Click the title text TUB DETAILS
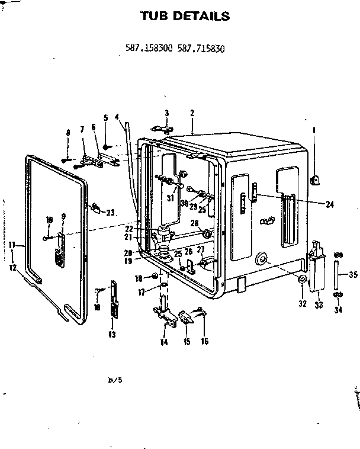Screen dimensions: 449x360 click(x=184, y=16)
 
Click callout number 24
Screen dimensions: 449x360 click(x=329, y=204)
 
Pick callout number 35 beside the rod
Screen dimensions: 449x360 click(x=353, y=274)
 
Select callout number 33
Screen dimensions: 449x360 click(x=319, y=306)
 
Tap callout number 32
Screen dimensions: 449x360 click(x=302, y=304)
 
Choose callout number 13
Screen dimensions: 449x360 click(x=112, y=335)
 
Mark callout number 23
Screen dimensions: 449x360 click(x=110, y=214)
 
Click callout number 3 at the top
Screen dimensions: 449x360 click(x=167, y=113)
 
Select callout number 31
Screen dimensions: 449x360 click(x=170, y=198)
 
